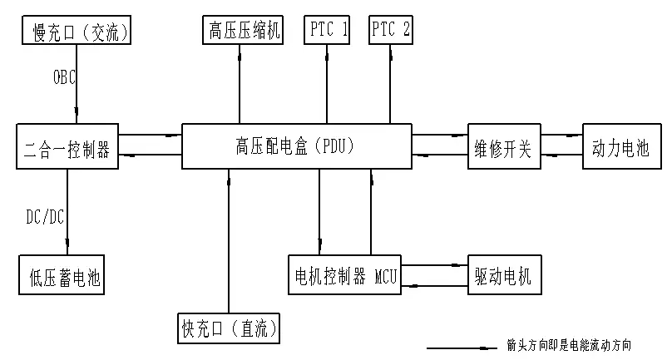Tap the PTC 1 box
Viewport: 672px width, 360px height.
(x=328, y=31)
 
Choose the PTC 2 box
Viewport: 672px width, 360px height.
(x=391, y=31)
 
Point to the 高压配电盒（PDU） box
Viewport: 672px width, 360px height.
(x=296, y=148)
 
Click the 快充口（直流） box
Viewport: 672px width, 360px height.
(x=230, y=328)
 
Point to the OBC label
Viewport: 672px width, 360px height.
(x=65, y=77)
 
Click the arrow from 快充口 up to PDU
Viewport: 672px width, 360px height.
(x=227, y=241)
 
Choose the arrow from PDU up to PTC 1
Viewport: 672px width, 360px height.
(x=327, y=83)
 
